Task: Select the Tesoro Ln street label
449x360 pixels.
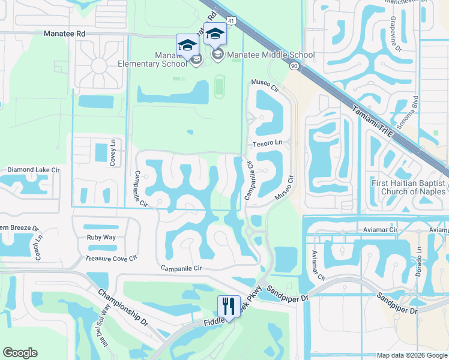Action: pos(267,143)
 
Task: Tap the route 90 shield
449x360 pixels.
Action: pos(294,65)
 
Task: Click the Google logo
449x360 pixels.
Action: pos(20,353)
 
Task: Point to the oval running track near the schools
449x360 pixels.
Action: pos(220,87)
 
